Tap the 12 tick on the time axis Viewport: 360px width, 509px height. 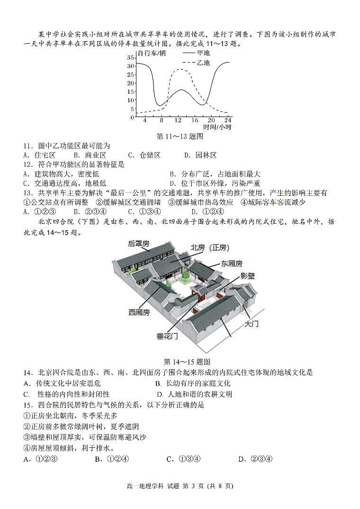point(179,120)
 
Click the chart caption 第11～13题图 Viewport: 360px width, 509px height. point(180,136)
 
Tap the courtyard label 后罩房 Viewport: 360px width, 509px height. point(138,244)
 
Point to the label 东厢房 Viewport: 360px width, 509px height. point(231,264)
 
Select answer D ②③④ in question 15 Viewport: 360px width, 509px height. point(255,459)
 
